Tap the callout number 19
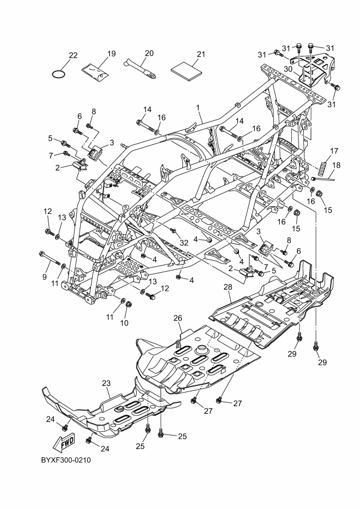[111, 54]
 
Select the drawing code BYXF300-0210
[65, 460]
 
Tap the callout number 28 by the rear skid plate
[228, 286]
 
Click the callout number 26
[178, 317]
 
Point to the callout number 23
[106, 383]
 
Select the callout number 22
[73, 54]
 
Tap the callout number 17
[334, 151]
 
